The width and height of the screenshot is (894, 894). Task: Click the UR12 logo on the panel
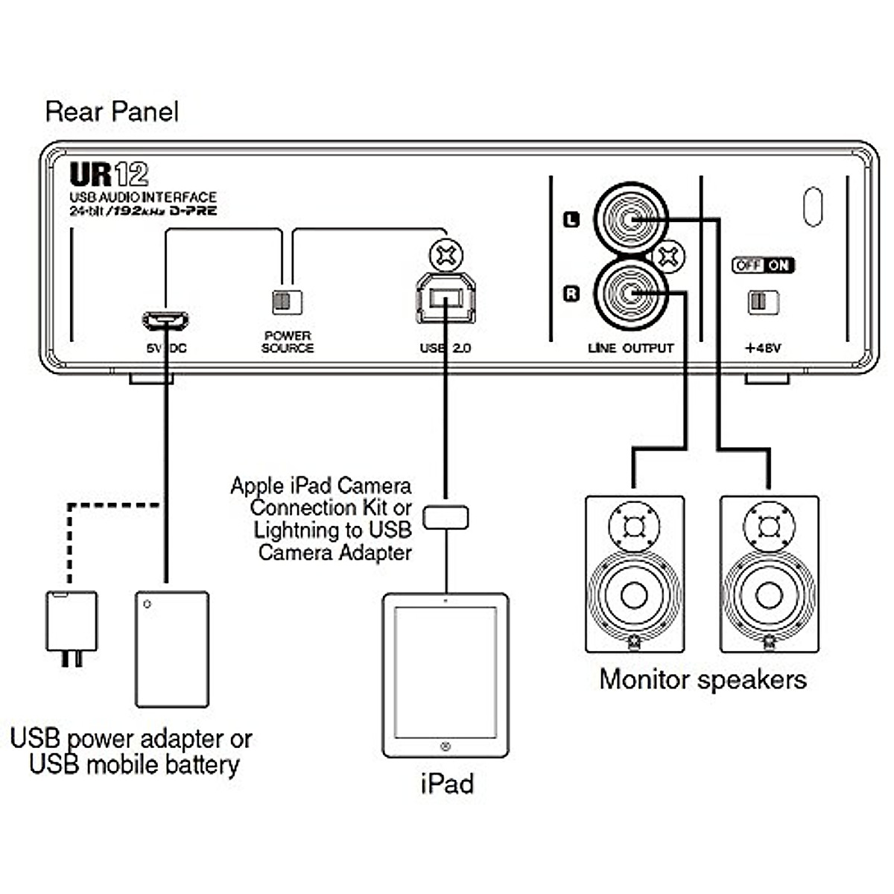tap(109, 174)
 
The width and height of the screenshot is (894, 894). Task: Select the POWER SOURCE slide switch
tap(287, 301)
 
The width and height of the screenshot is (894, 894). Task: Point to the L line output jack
tap(630, 219)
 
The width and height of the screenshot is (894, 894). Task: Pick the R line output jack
tap(630, 293)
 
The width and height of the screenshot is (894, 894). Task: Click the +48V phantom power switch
tap(762, 302)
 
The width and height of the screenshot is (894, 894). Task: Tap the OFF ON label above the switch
tap(763, 265)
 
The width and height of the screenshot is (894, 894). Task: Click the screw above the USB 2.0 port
tap(446, 256)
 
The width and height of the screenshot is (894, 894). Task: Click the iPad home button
tap(446, 746)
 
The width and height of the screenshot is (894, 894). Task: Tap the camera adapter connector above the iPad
tap(446, 516)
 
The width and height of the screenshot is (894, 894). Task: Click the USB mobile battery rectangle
tap(172, 649)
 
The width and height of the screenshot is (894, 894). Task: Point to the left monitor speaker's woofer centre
tap(634, 595)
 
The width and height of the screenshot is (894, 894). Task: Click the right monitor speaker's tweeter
tap(769, 527)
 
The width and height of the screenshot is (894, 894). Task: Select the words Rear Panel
tap(112, 112)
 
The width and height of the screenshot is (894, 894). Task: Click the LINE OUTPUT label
tap(630, 348)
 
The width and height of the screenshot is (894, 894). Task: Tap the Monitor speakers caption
tap(703, 679)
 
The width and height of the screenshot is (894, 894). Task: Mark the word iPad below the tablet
tap(446, 784)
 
